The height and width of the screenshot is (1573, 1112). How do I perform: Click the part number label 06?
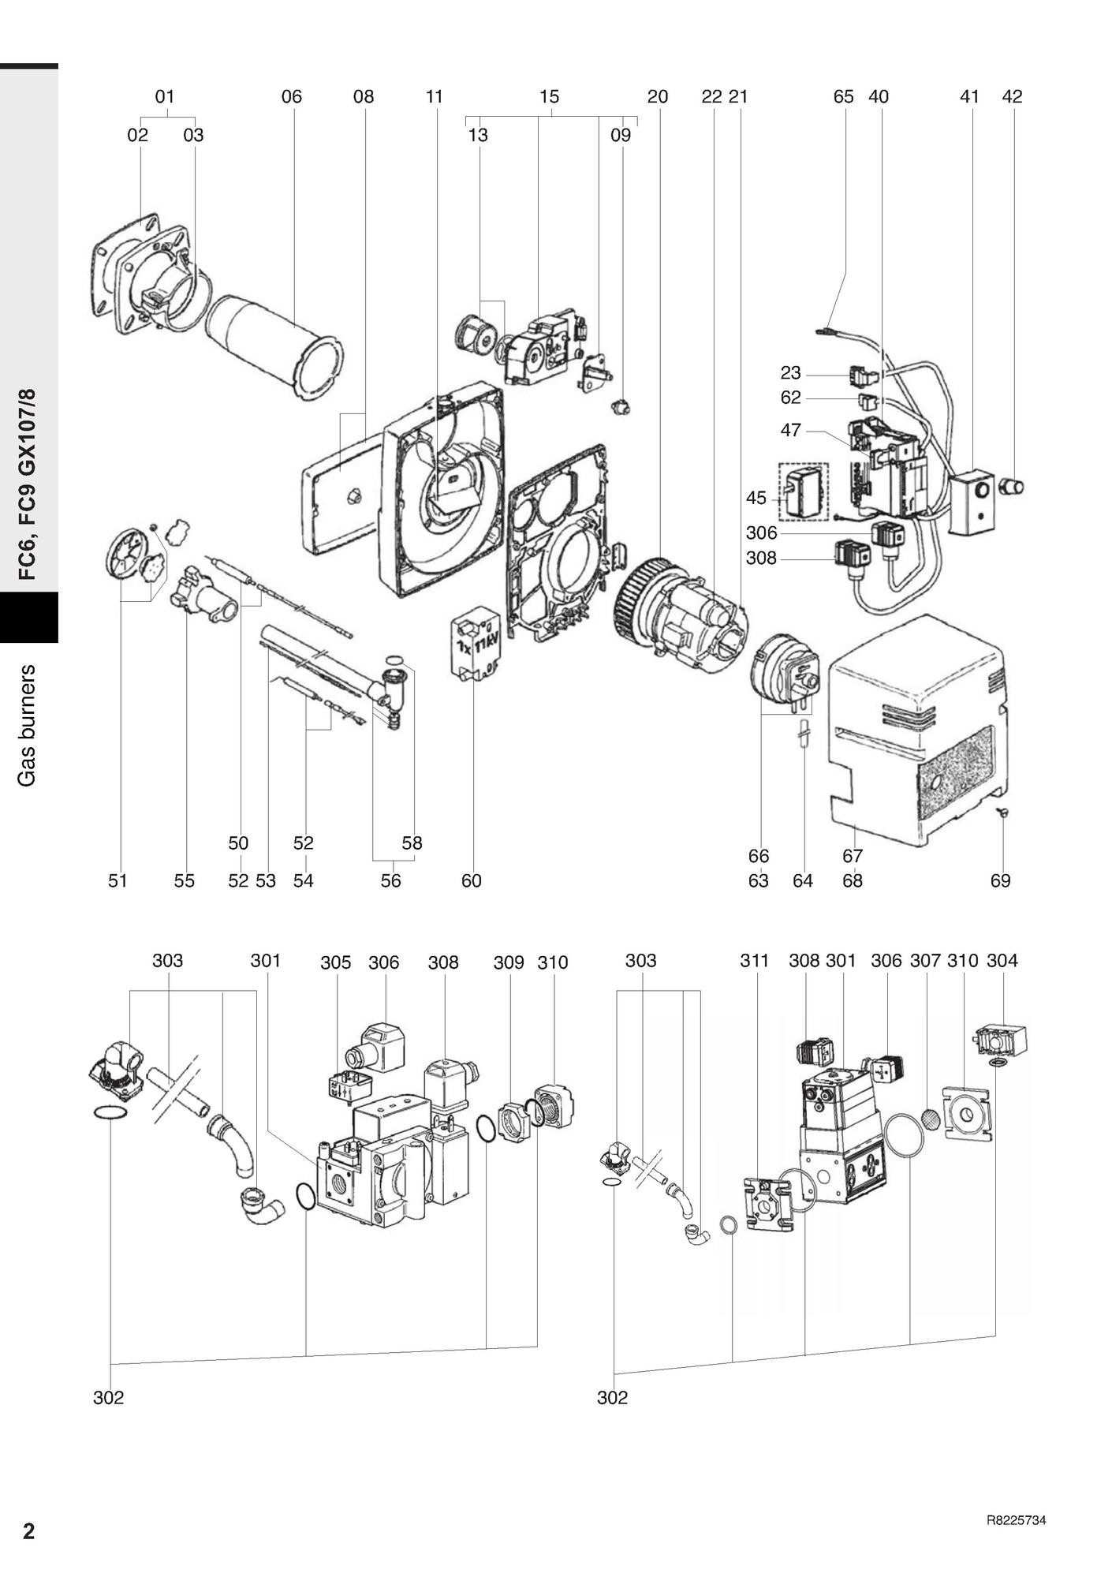291,97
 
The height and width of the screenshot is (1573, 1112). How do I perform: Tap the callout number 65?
843,97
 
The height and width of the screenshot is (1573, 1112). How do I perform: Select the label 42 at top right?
1012,97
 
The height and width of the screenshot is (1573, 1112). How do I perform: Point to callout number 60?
471,880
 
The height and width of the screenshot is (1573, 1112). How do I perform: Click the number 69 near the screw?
1000,880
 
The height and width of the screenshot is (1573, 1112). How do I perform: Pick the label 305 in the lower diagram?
335,962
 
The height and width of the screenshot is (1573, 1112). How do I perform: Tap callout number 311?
754,960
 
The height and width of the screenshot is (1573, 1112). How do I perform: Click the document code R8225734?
1016,1521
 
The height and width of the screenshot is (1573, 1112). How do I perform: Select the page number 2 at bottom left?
29,1531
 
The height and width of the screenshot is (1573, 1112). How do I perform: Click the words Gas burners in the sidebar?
28,725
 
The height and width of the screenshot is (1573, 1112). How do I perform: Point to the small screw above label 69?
1002,813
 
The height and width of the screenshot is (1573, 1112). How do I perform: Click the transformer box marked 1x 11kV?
475,647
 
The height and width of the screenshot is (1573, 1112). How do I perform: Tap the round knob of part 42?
1012,485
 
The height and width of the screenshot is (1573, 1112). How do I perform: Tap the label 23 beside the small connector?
790,373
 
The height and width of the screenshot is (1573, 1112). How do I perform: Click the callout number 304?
1002,960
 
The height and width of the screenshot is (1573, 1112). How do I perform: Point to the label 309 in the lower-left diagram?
509,962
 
